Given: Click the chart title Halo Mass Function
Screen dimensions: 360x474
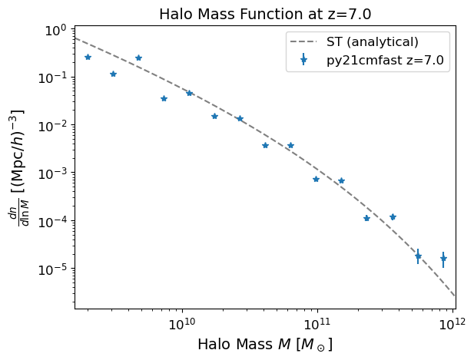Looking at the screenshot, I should coord(265,14).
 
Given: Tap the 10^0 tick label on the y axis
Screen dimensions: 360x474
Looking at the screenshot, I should coord(54,31).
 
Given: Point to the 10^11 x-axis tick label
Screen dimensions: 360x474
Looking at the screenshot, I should coord(317,321).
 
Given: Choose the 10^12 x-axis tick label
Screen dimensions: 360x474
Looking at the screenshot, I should coord(452,321).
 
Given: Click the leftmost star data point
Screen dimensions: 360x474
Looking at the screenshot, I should coord(88,57).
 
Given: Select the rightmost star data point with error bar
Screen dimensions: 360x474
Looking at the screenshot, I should coord(443,259).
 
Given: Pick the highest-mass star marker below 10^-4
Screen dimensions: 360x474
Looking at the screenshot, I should coord(443,259).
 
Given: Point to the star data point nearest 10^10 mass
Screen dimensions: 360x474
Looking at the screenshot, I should coord(189,93).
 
